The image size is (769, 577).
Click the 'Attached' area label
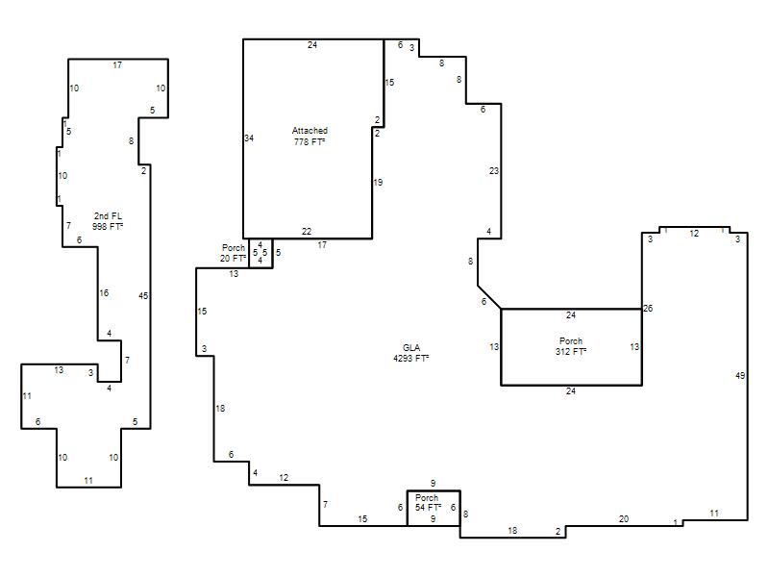click(310, 131)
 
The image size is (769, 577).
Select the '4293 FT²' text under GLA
click(411, 358)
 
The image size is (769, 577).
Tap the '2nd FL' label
click(108, 215)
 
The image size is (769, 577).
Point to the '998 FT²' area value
click(108, 227)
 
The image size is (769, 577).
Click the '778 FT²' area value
click(310, 141)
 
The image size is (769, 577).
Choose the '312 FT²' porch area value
click(571, 352)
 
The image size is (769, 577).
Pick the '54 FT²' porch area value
click(428, 508)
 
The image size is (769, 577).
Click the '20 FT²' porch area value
click(233, 258)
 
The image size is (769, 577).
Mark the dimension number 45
click(143, 296)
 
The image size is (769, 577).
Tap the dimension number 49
click(740, 376)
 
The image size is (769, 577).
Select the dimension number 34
click(249, 138)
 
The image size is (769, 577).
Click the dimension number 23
click(494, 171)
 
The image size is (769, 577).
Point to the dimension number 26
click(648, 309)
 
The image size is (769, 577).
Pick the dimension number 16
click(104, 293)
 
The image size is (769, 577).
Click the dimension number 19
click(378, 183)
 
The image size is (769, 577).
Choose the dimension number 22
click(307, 232)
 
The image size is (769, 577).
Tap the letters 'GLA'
click(411, 348)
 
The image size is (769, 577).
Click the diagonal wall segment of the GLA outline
click(489, 297)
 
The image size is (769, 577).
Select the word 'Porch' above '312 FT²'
click(571, 341)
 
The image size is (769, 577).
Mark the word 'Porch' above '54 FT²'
click(427, 497)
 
